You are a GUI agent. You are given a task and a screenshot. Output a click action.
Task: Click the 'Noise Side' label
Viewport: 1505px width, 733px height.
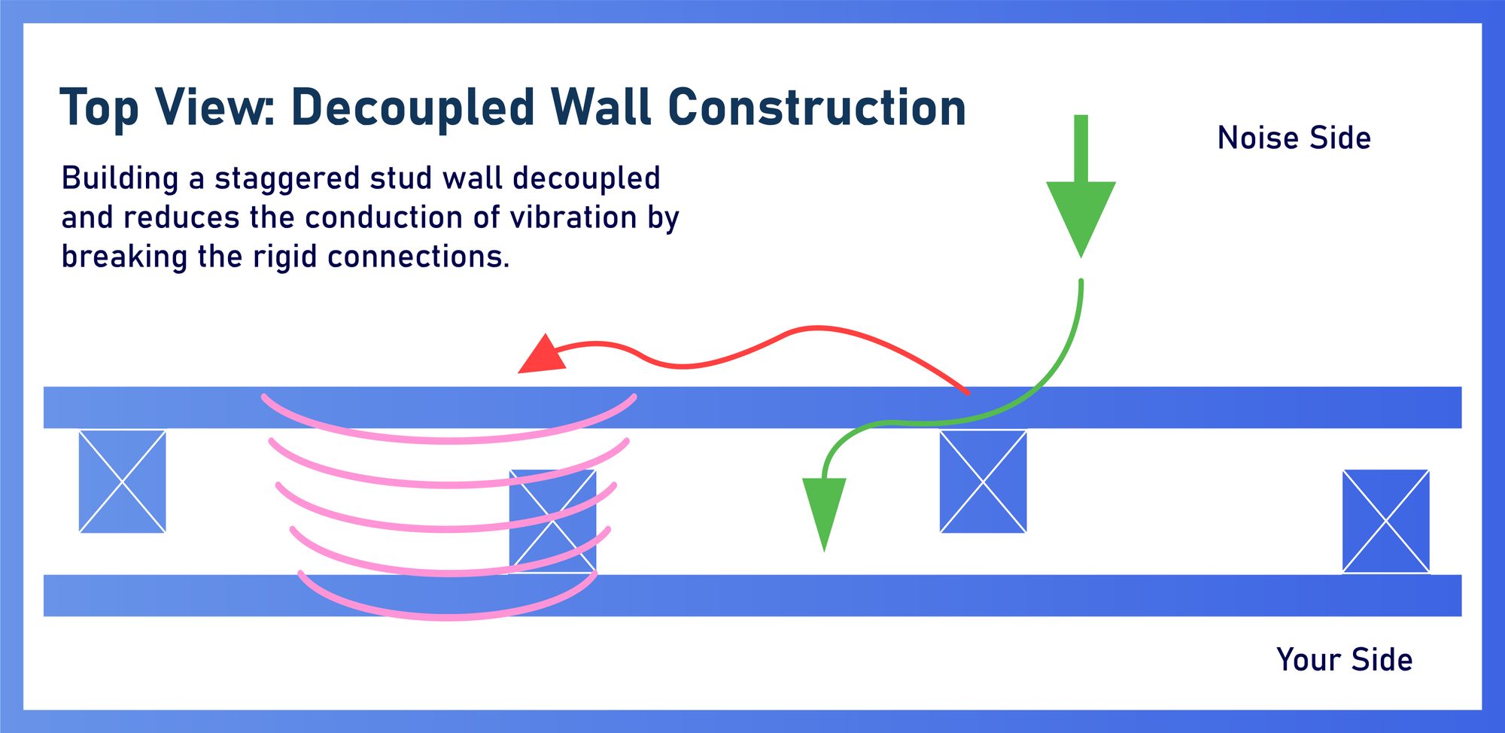pyautogui.click(x=1294, y=138)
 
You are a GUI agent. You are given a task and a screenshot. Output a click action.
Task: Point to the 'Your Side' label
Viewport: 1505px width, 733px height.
pyautogui.click(x=1344, y=660)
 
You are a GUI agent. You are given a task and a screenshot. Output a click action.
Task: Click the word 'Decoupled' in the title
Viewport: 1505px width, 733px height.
pyautogui.click(x=413, y=108)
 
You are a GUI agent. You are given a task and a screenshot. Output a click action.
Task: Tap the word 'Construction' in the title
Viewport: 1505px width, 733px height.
pyautogui.click(x=816, y=107)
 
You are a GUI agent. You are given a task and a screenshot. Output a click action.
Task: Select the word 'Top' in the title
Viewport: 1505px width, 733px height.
pyautogui.click(x=99, y=108)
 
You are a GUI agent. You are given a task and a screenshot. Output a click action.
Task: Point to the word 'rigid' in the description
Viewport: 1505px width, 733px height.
pyautogui.click(x=285, y=257)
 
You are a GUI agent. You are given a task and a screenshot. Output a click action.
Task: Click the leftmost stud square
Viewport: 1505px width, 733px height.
pyautogui.click(x=122, y=482)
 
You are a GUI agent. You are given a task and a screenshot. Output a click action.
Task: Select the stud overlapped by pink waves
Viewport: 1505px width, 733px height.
pyautogui.click(x=553, y=521)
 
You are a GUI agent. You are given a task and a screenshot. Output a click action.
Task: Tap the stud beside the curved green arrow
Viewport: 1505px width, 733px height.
pyautogui.click(x=983, y=482)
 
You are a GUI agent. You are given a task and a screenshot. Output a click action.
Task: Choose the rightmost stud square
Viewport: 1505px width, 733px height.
pyautogui.click(x=1385, y=521)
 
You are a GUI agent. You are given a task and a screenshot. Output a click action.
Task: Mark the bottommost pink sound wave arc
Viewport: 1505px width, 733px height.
pyautogui.click(x=448, y=615)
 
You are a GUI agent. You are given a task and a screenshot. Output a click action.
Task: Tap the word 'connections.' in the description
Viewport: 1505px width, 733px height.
pyautogui.click(x=418, y=257)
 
